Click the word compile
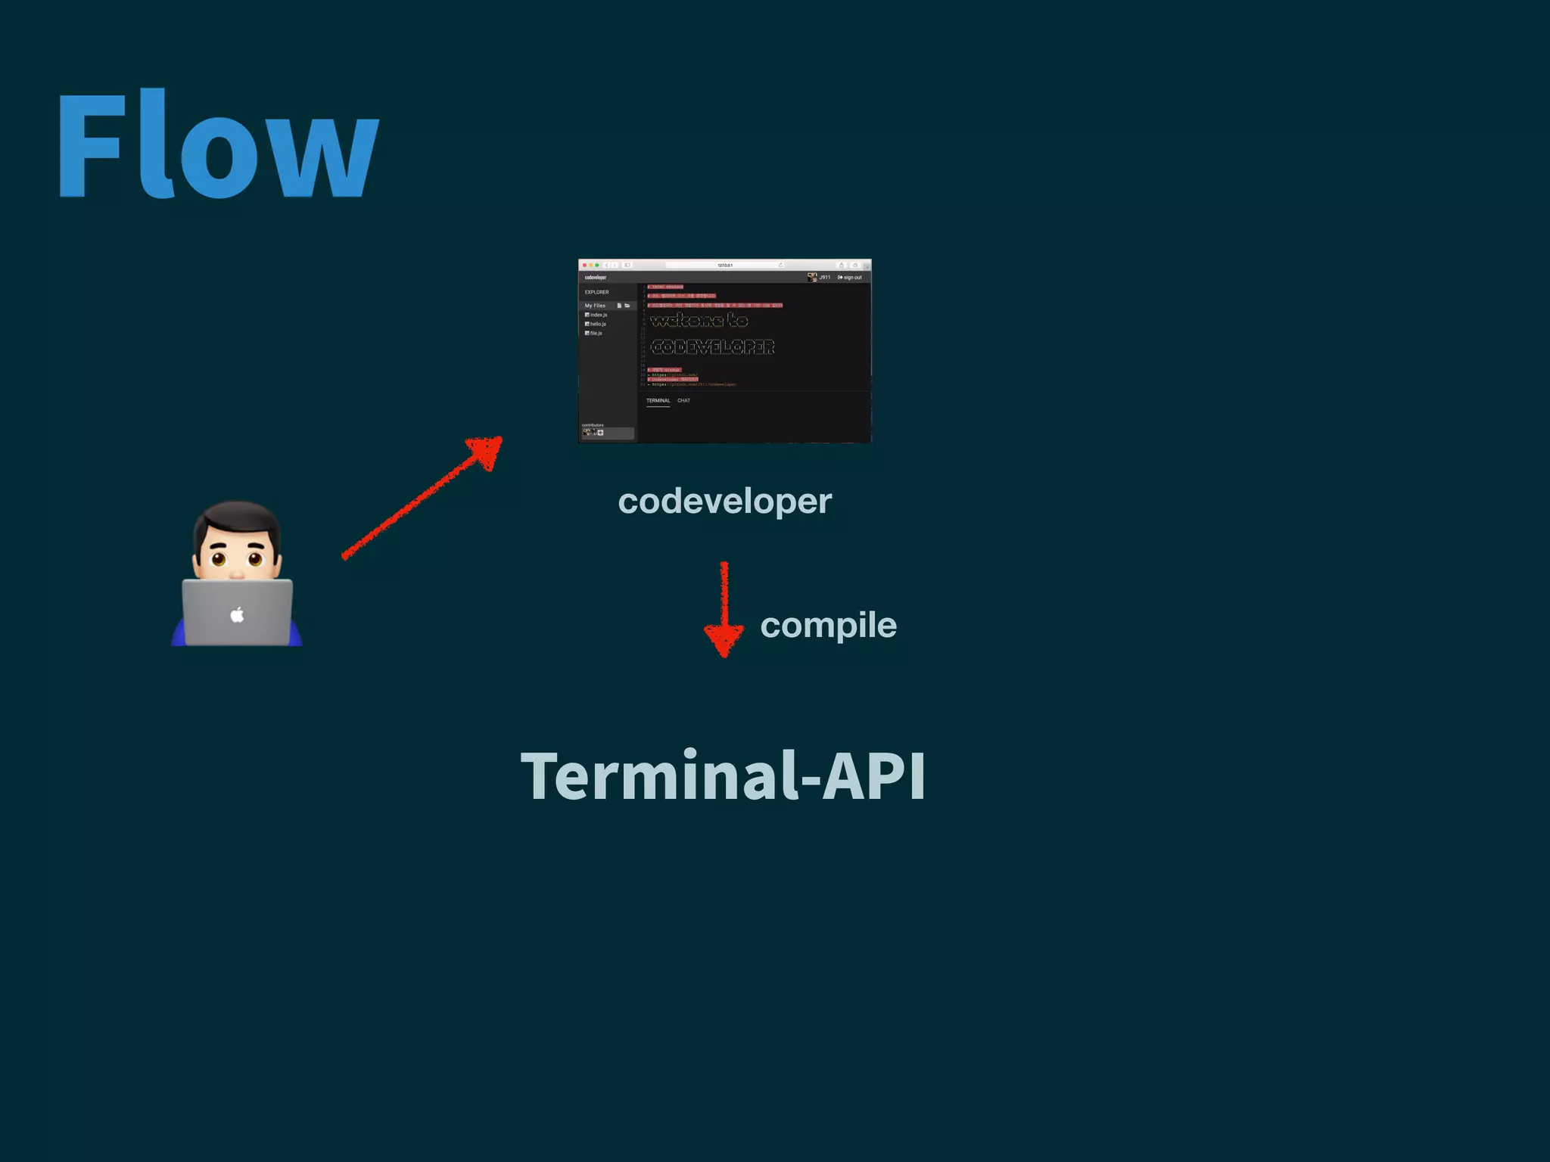(828, 625)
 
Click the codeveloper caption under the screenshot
(724, 501)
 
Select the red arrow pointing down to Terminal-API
(724, 609)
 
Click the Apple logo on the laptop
(237, 614)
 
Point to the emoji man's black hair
(237, 517)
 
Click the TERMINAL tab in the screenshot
(658, 401)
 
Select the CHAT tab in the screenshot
(683, 401)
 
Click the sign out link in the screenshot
(850, 278)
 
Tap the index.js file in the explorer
(598, 315)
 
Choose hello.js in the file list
(597, 324)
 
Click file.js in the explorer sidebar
(596, 333)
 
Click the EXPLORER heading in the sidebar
(596, 292)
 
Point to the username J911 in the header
(824, 278)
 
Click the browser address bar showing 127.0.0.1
(724, 266)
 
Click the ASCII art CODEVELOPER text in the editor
(712, 347)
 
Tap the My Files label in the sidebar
(595, 306)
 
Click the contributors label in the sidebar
(593, 425)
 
